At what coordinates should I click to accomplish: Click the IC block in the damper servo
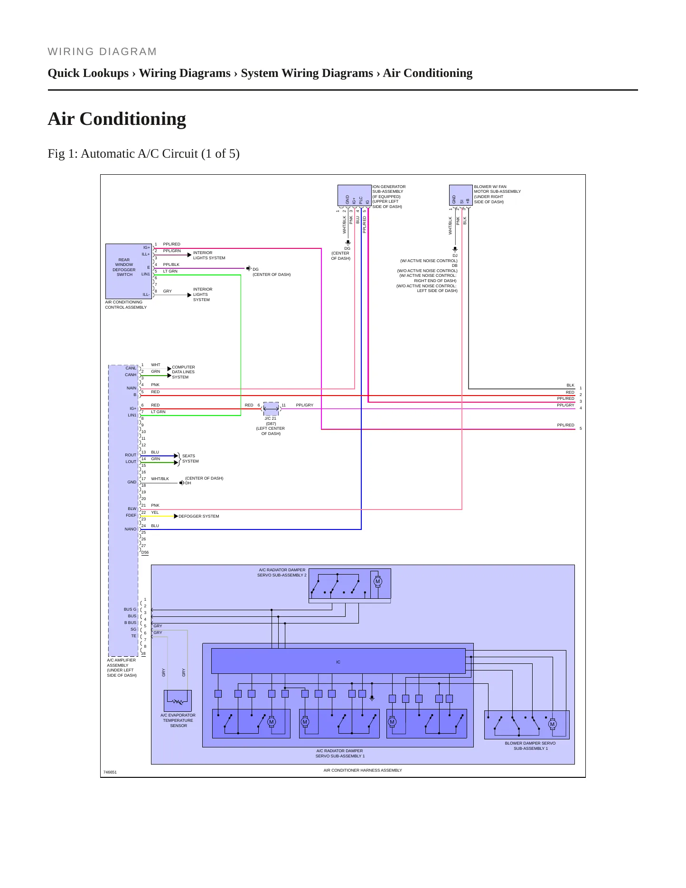tap(338, 661)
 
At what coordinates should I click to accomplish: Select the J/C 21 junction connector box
tap(271, 408)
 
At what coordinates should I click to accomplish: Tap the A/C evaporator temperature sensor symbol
tap(178, 701)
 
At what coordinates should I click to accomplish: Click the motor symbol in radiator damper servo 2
tap(378, 581)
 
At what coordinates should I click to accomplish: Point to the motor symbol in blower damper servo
tap(552, 724)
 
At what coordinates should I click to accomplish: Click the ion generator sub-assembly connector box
tap(355, 196)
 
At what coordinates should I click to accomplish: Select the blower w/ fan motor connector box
tap(460, 196)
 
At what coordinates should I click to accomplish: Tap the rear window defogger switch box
tap(129, 271)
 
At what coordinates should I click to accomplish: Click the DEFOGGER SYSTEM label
tap(199, 516)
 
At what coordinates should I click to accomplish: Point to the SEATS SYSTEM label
tap(190, 458)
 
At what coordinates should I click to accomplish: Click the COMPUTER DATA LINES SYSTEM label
tap(183, 372)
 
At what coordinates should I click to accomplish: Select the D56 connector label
tap(145, 552)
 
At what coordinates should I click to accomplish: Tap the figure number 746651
tap(110, 772)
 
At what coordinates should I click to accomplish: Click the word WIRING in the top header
tap(71, 52)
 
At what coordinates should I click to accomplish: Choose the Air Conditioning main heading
tap(117, 119)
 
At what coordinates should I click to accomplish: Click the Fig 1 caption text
tap(143, 154)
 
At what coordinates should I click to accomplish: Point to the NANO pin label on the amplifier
tap(131, 529)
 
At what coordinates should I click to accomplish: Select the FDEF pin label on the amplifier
tap(131, 515)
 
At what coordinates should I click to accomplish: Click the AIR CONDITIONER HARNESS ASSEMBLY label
tap(363, 770)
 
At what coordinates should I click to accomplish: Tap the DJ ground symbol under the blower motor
tap(455, 249)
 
